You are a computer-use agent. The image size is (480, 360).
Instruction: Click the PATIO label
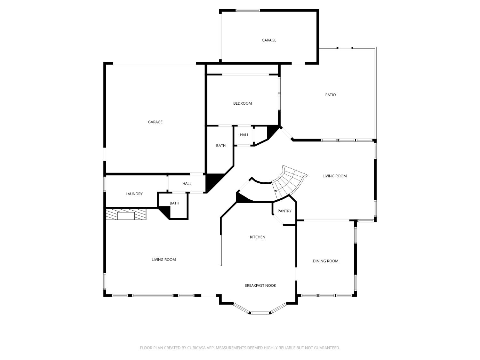click(331, 95)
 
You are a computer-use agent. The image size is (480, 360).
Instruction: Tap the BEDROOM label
click(242, 103)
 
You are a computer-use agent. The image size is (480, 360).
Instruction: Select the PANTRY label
click(284, 211)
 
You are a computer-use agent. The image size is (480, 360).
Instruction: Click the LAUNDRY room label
click(134, 194)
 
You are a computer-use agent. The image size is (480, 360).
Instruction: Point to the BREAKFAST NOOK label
click(260, 285)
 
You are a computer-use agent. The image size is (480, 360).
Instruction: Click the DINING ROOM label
click(325, 261)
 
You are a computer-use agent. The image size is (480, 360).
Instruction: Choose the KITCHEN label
click(257, 237)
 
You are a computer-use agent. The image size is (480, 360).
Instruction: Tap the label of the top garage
click(269, 40)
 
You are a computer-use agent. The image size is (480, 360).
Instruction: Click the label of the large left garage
click(155, 122)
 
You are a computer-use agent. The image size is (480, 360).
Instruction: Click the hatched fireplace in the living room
click(126, 214)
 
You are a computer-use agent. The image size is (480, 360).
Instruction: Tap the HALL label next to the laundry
click(187, 184)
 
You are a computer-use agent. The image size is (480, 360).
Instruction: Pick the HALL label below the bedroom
click(244, 135)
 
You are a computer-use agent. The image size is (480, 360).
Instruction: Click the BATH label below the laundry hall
click(174, 203)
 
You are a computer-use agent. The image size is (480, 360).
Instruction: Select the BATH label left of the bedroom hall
click(221, 146)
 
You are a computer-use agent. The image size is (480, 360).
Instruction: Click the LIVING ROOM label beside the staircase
click(334, 176)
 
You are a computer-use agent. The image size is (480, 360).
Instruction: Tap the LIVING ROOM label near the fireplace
click(164, 260)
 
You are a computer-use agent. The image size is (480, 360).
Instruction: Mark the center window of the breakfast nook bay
click(260, 313)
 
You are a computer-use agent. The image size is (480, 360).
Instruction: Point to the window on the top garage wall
click(248, 10)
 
